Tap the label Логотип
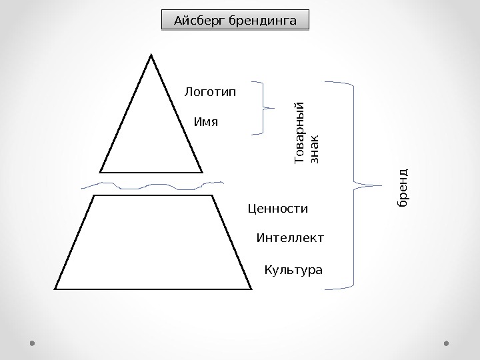pyautogui.click(x=210, y=91)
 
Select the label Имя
pyautogui.click(x=205, y=123)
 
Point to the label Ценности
pyautogui.click(x=277, y=209)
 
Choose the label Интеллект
pyautogui.click(x=290, y=238)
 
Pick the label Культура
pyautogui.click(x=293, y=271)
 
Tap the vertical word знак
pyautogui.click(x=315, y=148)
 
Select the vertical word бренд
pyautogui.click(x=402, y=187)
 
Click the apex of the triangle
pyautogui.click(x=152, y=55)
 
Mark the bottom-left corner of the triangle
pyautogui.click(x=100, y=172)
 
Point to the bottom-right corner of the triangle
pyautogui.click(x=202, y=172)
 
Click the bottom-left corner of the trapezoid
pyautogui.click(x=55, y=289)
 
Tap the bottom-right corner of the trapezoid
pyautogui.click(x=252, y=289)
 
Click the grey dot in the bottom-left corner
pyautogui.click(x=32, y=343)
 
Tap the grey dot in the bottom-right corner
pyautogui.click(x=447, y=343)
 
